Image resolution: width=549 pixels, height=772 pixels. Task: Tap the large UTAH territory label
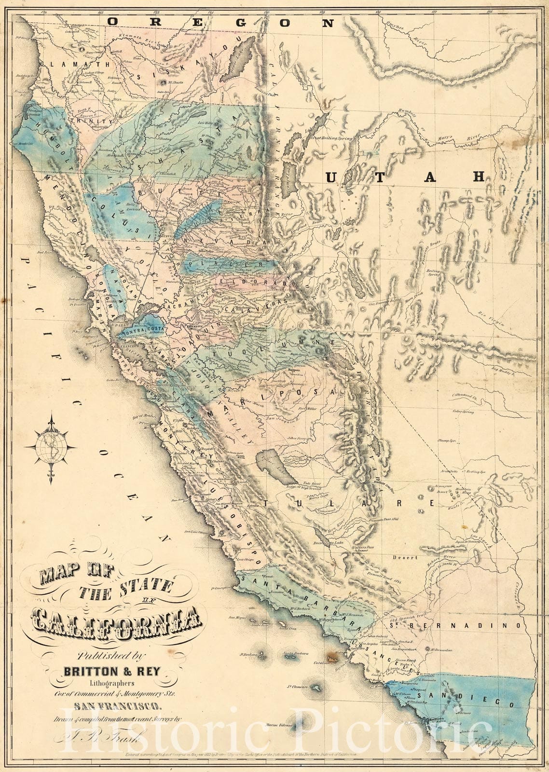404,177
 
